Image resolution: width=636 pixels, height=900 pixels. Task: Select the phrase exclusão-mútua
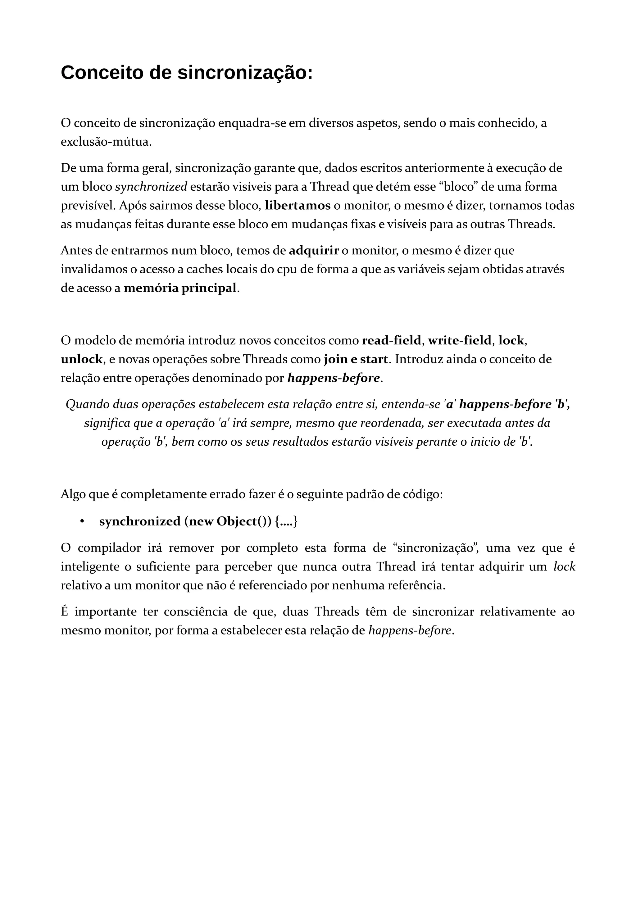106,142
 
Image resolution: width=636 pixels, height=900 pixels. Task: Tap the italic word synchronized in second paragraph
151,187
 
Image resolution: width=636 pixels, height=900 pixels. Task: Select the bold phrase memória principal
180,288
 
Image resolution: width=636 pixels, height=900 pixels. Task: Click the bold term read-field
391,341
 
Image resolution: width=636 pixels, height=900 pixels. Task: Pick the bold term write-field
459,341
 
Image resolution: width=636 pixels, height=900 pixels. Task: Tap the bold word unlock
81,359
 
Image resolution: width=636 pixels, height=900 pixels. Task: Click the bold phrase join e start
356,359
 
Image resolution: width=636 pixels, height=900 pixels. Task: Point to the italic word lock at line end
564,567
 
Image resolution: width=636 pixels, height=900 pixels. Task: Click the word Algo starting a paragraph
73,495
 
